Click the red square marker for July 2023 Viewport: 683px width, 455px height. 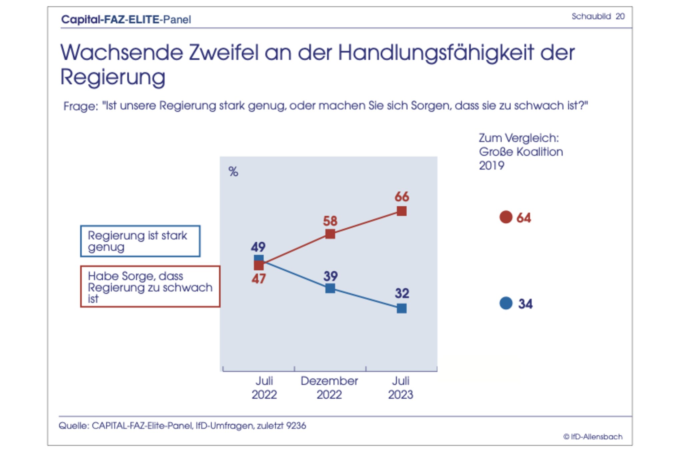402,211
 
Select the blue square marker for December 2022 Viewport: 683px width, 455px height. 330,288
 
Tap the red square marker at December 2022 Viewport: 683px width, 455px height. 330,234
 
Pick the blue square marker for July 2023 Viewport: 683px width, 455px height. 402,308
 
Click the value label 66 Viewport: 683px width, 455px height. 402,197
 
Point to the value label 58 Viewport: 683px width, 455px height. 330,221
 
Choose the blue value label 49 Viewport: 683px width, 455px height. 258,247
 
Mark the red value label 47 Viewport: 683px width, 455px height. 258,278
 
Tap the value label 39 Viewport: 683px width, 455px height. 330,276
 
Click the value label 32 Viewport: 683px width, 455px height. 402,293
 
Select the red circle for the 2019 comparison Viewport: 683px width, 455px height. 506,217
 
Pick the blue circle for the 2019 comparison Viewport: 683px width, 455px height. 506,303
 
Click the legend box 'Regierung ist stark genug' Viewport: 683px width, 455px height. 140,241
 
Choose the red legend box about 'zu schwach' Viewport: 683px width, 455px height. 150,286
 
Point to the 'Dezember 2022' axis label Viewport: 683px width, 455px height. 329,388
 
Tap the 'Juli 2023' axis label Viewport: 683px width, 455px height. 401,388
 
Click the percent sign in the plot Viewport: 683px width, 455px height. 233,172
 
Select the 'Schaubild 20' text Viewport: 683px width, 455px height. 598,16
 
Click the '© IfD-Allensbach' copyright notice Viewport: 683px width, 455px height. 593,437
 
